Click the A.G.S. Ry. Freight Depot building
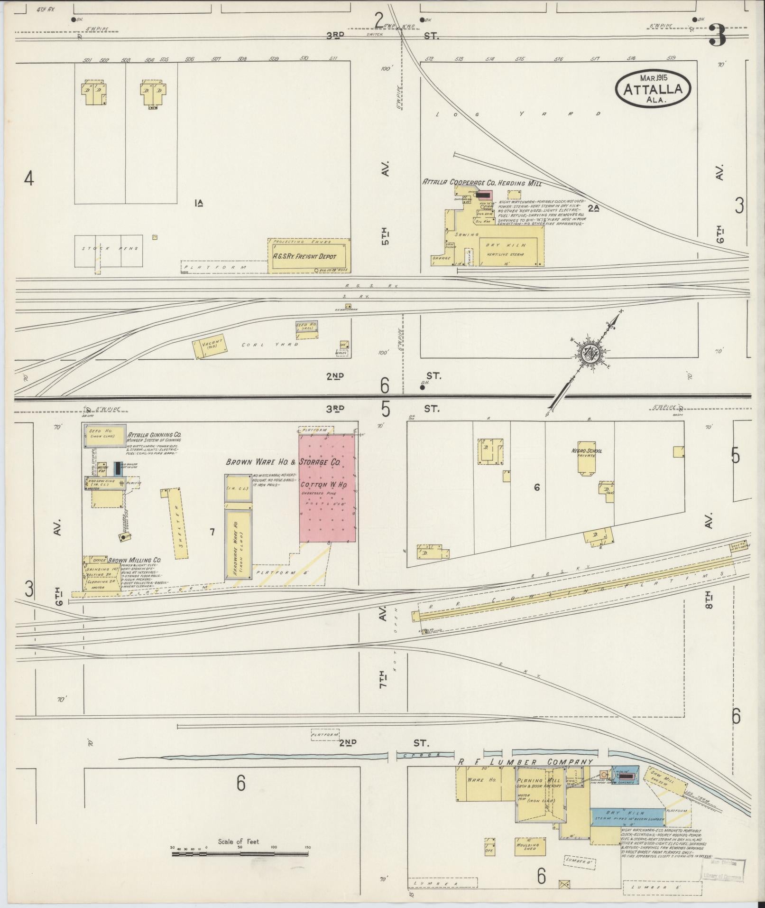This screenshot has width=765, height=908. (x=309, y=256)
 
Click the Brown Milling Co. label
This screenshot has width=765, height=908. (x=134, y=560)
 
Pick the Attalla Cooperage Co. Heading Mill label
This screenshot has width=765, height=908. (x=481, y=182)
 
